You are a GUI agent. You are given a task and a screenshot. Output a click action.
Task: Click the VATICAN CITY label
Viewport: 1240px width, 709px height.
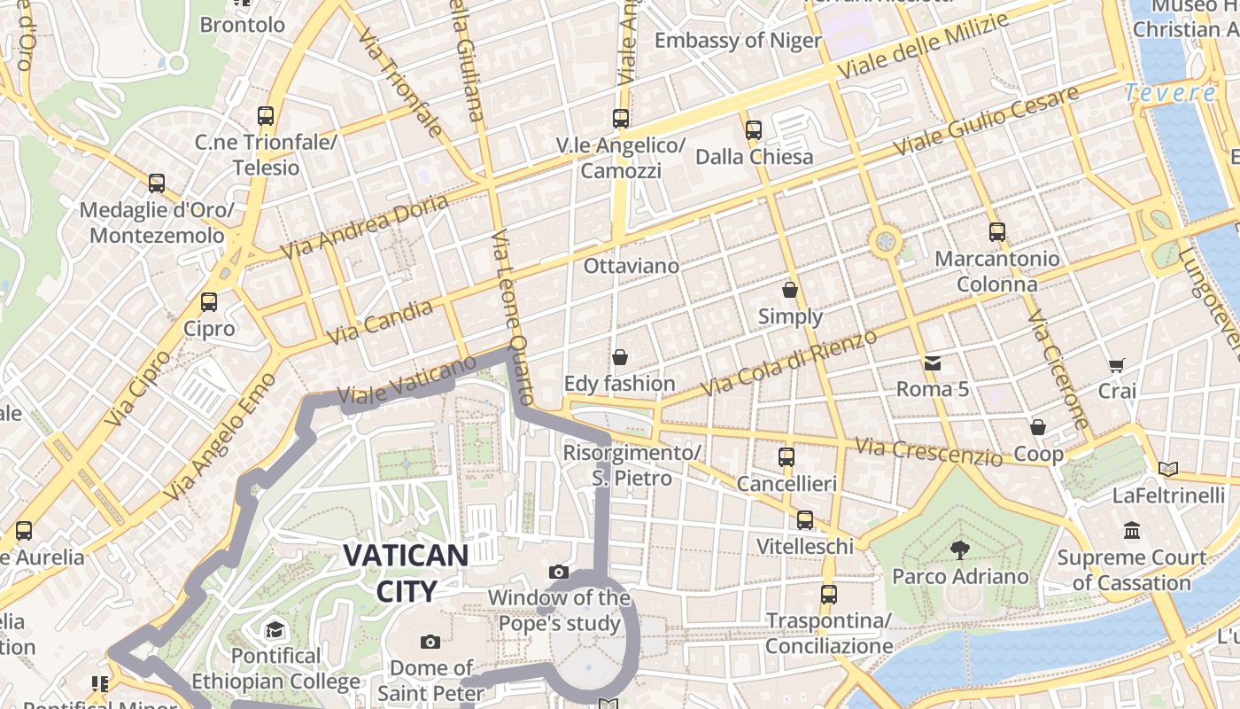tap(406, 573)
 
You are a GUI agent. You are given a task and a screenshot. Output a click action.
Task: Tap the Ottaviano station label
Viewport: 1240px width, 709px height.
tap(632, 265)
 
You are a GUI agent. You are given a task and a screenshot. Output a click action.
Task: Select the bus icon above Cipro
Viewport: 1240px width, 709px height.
tap(209, 302)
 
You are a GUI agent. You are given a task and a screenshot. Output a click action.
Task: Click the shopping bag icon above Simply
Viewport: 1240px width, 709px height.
tap(790, 290)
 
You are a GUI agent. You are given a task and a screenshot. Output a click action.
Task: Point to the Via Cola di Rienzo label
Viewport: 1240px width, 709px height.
tap(788, 362)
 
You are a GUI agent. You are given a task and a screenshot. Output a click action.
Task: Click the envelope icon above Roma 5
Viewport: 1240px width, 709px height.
tap(933, 363)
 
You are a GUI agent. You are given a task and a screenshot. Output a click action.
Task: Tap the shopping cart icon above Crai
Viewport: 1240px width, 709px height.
tap(1117, 365)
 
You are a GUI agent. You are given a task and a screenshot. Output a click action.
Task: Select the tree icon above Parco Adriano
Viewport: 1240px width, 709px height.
tap(959, 550)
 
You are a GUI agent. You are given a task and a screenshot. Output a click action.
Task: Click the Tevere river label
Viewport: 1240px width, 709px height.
tap(1170, 92)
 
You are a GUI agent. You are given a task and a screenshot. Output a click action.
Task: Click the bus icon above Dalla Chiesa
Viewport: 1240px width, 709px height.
tap(754, 130)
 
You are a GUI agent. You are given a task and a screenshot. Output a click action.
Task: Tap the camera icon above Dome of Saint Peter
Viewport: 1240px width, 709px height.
tap(430, 642)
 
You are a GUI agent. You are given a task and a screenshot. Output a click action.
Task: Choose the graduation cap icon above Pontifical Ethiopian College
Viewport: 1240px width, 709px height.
tap(275, 630)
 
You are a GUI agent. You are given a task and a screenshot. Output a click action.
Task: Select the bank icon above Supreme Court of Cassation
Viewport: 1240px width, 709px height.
tap(1132, 531)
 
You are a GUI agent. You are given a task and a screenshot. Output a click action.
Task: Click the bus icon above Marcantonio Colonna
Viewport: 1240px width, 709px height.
tap(997, 232)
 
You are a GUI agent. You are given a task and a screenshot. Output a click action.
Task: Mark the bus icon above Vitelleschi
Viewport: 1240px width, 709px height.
tap(805, 520)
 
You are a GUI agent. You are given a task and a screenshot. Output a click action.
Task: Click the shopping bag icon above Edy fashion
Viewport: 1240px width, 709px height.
tap(620, 357)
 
